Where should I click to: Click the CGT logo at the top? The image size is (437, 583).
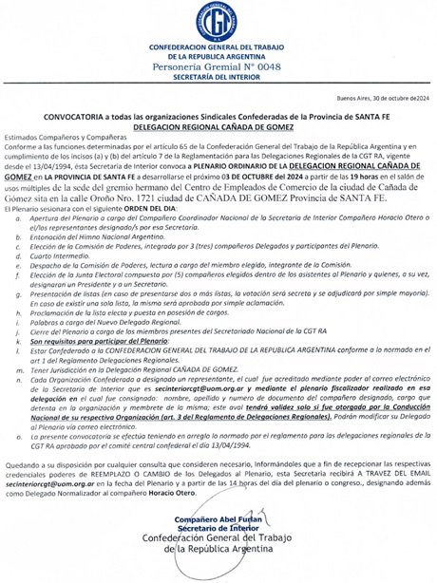[x=218, y=22]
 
